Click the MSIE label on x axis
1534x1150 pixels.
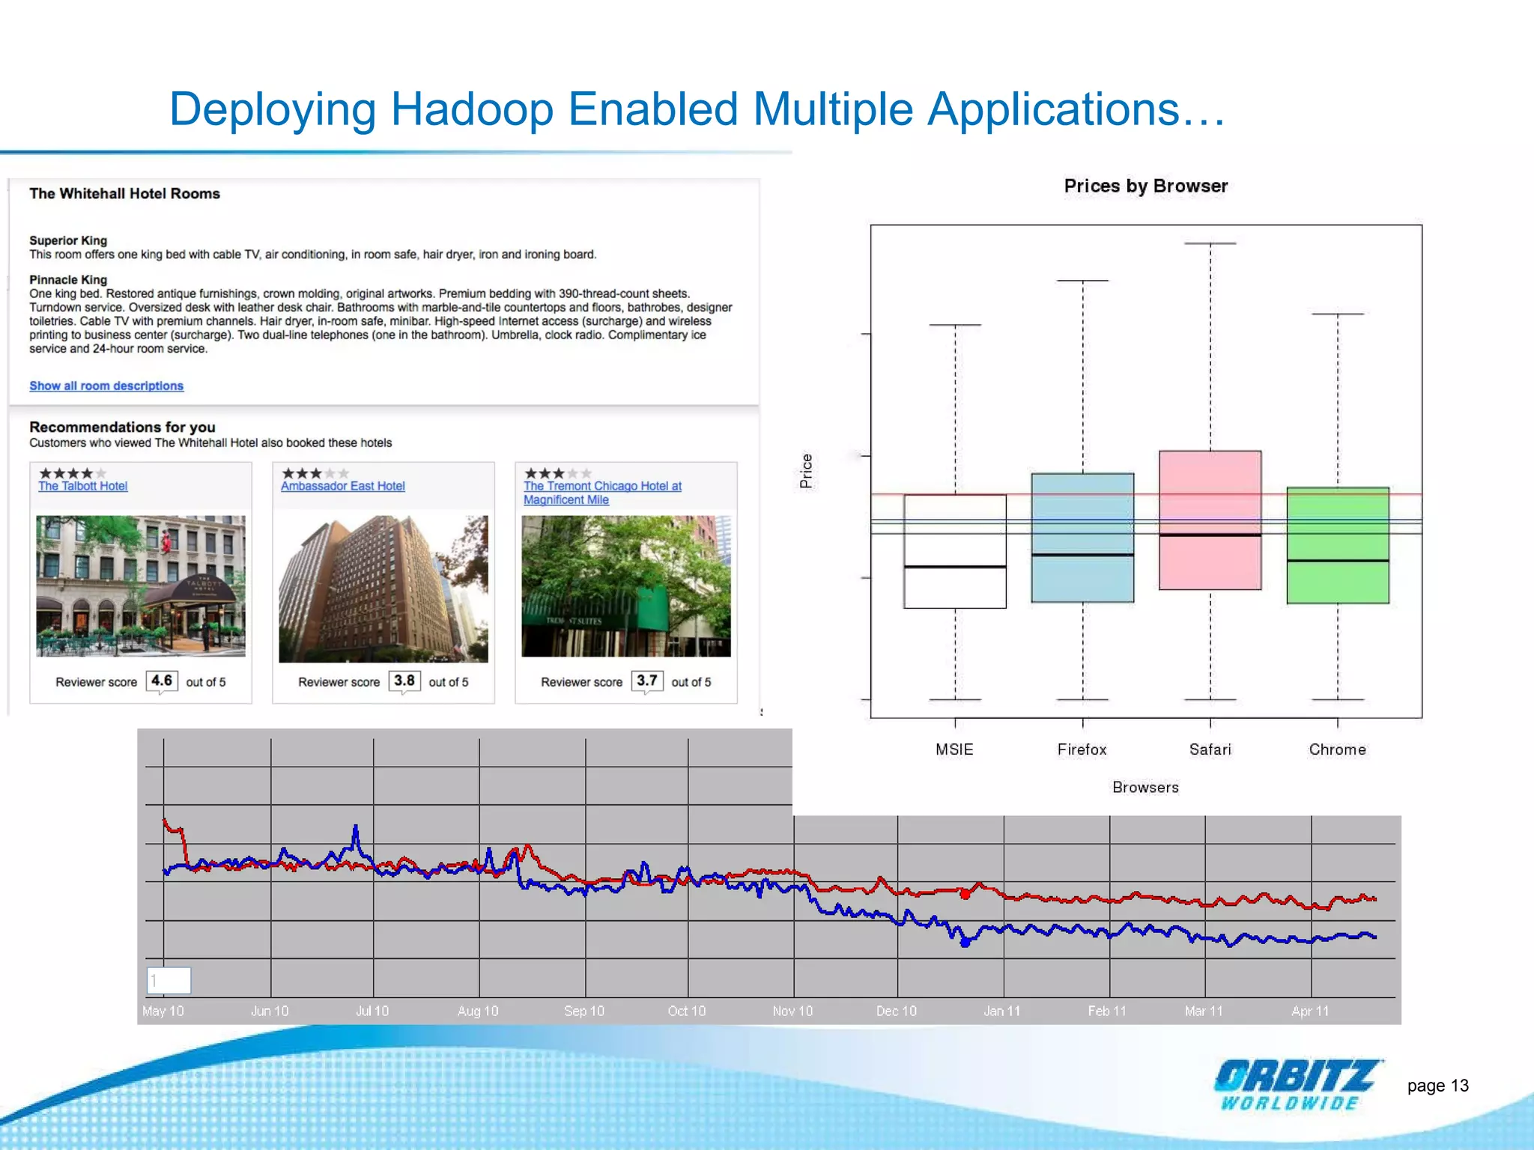pos(954,749)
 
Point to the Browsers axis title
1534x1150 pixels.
pos(1145,788)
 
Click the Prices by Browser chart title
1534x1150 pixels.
pos(1145,186)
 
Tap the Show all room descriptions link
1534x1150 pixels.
pos(106,386)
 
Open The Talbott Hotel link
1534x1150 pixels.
pos(83,486)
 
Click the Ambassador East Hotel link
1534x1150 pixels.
pos(342,486)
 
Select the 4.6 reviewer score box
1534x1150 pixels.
pos(162,681)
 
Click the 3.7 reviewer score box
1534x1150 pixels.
pos(647,681)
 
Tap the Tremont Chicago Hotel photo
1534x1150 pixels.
pos(625,585)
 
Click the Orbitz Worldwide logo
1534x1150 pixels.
pos(1297,1084)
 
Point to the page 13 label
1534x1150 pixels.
pos(1437,1086)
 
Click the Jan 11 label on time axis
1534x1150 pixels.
pos(1001,1011)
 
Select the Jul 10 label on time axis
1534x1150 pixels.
pos(372,1011)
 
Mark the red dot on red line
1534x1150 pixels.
pos(965,894)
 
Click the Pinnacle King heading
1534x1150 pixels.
pos(68,279)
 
